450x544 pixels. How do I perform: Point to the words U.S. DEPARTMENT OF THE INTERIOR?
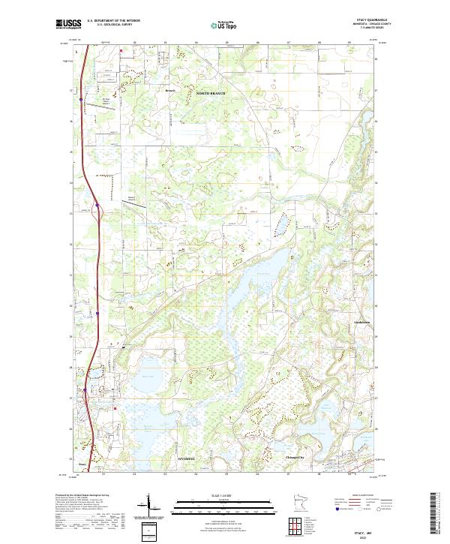(113, 20)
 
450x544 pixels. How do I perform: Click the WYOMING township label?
(187, 458)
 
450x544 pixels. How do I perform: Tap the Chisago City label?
(295, 457)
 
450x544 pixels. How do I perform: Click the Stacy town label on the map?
(83, 464)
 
